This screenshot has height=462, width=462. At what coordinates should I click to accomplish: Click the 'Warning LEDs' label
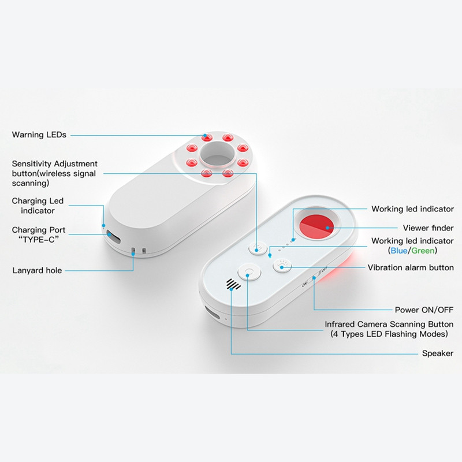[x=39, y=135]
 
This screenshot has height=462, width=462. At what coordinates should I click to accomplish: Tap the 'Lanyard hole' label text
[x=37, y=270]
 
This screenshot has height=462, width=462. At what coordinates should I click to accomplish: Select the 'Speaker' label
[x=438, y=353]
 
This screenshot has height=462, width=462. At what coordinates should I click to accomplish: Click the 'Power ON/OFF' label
[x=424, y=310]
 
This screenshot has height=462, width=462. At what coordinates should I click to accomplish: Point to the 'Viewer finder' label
[x=428, y=228]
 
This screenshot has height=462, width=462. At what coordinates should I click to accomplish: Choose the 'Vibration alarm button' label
[x=411, y=267]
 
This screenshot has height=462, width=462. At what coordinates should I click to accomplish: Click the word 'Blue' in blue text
[x=398, y=251]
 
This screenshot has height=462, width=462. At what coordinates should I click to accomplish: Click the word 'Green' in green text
[x=423, y=251]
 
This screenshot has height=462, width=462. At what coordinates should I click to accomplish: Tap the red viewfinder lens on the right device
[x=316, y=227]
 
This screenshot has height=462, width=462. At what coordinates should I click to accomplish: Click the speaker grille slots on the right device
[x=233, y=284]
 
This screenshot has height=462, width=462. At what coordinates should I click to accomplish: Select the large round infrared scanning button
[x=249, y=272]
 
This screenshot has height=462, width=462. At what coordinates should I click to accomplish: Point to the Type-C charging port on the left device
[x=113, y=236]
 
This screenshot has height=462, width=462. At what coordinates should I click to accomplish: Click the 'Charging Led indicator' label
[x=38, y=206]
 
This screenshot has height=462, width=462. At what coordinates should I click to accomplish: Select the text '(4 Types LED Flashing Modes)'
[x=389, y=334]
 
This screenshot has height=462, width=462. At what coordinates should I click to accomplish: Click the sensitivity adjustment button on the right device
[x=258, y=248]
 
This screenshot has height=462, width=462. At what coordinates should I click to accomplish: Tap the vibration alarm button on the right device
[x=282, y=266]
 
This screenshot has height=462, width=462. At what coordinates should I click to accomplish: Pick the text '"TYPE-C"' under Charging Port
[x=39, y=240]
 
